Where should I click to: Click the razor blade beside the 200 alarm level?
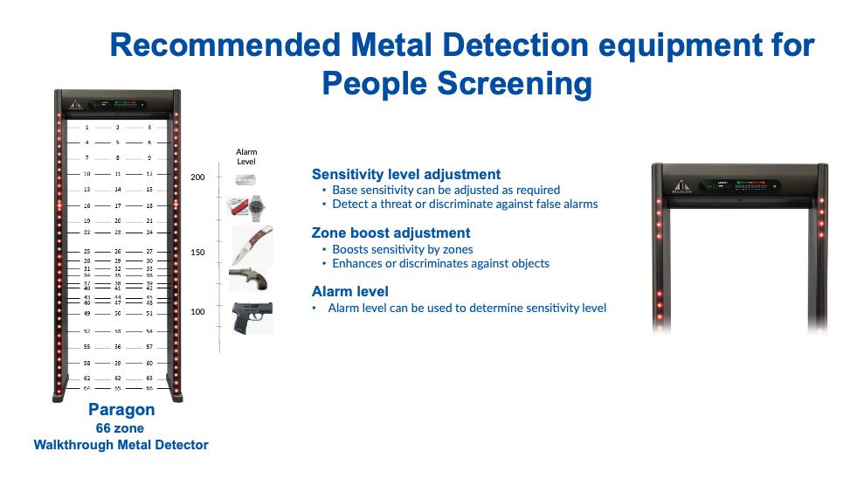[245, 179]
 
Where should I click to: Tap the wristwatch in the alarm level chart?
[257, 207]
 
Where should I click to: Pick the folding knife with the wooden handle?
[252, 244]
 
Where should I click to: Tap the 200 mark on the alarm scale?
[197, 177]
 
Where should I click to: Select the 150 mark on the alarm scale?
[197, 253]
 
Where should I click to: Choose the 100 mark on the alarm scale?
[197, 312]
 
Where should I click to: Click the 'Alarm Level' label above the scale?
[246, 157]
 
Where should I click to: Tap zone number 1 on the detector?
[87, 128]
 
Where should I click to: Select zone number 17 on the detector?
[118, 205]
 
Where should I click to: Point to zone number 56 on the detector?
[118, 347]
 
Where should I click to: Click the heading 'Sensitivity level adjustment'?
[406, 175]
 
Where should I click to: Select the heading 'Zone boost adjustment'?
[391, 233]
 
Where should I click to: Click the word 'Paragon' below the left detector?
[121, 410]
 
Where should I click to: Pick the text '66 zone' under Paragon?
[121, 428]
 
